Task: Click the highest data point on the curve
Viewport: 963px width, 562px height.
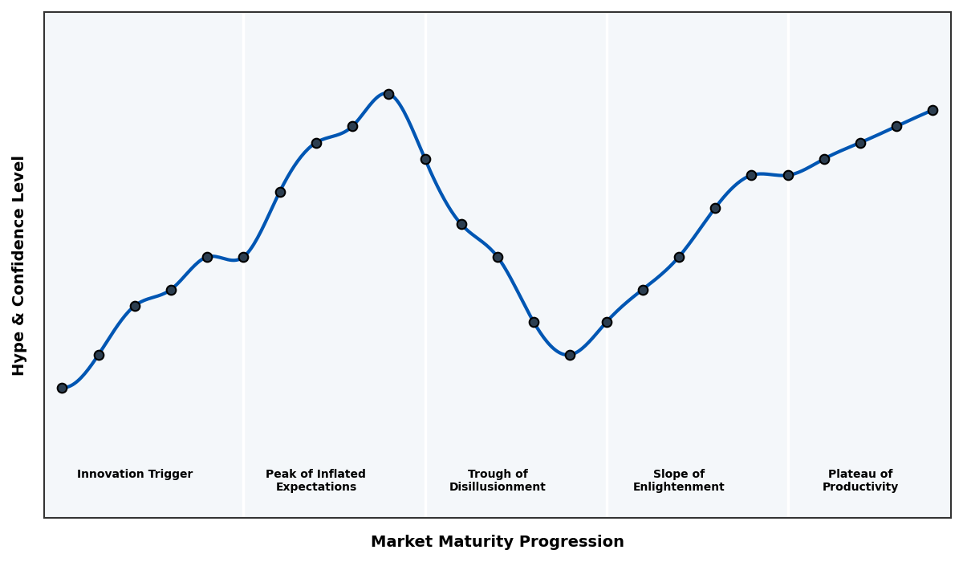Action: (x=388, y=94)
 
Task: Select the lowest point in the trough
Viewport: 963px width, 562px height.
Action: (x=570, y=355)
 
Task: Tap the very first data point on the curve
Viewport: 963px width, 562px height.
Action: (x=62, y=388)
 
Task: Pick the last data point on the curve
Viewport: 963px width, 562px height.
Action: (x=933, y=110)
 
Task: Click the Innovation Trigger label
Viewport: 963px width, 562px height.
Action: (x=135, y=474)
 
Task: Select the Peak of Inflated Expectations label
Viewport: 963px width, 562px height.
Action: (x=315, y=480)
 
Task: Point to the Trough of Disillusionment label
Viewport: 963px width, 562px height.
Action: (x=498, y=480)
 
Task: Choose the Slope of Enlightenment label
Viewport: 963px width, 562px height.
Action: (x=678, y=480)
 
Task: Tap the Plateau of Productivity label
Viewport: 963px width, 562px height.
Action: (x=860, y=480)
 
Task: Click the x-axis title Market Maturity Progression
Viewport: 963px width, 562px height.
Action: (x=498, y=542)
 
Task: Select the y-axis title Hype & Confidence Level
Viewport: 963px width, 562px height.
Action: (x=19, y=265)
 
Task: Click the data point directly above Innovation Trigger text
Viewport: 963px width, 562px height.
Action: (x=135, y=306)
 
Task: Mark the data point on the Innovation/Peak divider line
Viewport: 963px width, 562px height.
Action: (x=243, y=257)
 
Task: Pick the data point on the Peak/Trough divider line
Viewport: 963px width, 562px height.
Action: (x=425, y=159)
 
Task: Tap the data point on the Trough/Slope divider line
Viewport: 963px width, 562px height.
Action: (x=607, y=322)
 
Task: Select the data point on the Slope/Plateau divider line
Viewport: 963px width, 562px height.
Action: (x=788, y=175)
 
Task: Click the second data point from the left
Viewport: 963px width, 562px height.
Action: (x=99, y=355)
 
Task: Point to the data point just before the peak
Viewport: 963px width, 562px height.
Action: (x=352, y=126)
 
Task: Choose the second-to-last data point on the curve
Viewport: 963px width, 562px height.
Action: (x=896, y=126)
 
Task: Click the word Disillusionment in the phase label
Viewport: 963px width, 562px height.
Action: (x=498, y=487)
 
